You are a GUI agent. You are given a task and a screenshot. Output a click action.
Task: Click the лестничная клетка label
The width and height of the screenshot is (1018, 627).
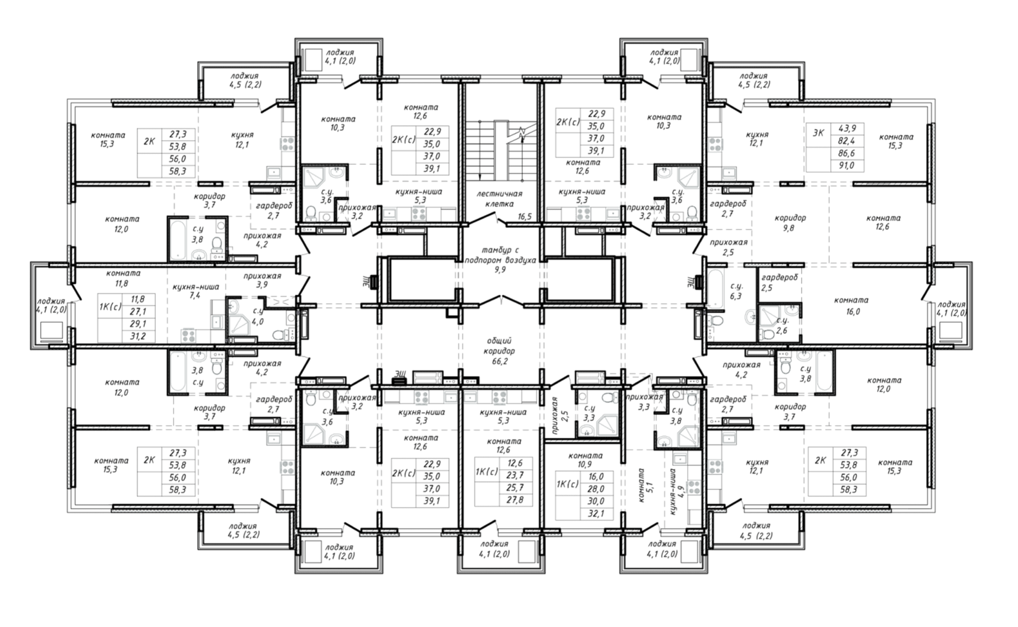[x=500, y=199]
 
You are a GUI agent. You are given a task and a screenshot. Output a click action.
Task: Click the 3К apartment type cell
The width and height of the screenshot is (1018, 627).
[x=818, y=133]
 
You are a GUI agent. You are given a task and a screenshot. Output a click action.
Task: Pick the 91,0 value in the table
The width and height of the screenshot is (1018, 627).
[x=847, y=165]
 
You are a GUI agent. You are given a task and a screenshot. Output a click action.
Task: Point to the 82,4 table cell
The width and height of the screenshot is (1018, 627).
[x=847, y=141]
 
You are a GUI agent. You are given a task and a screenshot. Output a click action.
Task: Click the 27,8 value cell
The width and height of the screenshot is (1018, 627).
[x=515, y=500]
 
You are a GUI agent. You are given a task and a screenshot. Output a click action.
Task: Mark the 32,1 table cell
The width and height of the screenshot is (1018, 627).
[x=596, y=514]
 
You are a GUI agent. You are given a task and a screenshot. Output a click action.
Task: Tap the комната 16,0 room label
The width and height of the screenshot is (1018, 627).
[x=851, y=306]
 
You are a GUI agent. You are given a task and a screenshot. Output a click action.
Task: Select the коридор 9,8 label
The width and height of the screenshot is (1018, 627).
[x=790, y=223]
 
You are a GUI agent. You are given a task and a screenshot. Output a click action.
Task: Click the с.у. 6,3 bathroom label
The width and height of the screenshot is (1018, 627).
[x=735, y=292]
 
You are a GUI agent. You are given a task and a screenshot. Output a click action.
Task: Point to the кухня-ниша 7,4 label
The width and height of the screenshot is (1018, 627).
[x=196, y=292]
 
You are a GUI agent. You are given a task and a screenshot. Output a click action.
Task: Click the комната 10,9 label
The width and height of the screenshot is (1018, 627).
[x=585, y=460]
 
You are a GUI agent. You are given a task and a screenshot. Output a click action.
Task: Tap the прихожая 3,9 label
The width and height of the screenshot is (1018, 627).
[x=262, y=280]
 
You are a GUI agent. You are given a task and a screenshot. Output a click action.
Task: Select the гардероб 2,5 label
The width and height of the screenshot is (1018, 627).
[x=779, y=282]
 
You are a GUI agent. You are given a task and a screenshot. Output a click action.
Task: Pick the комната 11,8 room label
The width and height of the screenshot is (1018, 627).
[x=123, y=278]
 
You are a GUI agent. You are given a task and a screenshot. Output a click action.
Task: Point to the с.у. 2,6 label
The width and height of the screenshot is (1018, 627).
[x=782, y=325]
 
